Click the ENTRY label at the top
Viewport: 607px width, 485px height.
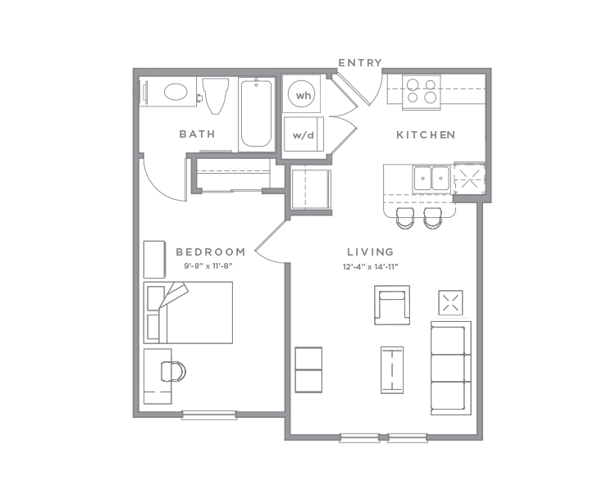point(360,63)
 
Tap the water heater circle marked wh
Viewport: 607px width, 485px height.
point(303,96)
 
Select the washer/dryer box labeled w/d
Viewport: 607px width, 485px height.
point(303,135)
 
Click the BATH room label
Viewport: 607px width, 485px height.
point(197,134)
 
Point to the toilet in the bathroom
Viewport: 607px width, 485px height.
point(216,96)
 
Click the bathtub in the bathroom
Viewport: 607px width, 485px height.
point(256,115)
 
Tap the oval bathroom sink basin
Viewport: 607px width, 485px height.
point(176,92)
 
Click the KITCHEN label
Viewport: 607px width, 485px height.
point(425,134)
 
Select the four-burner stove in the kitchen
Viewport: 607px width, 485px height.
point(422,90)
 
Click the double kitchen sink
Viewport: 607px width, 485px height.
point(431,176)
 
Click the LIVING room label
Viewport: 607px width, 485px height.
point(370,252)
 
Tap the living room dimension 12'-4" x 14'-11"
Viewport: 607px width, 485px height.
point(369,267)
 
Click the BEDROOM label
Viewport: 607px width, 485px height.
point(211,252)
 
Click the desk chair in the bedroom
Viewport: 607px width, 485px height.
point(173,371)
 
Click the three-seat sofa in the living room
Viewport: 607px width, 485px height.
point(450,366)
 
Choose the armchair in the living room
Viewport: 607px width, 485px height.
point(392,305)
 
